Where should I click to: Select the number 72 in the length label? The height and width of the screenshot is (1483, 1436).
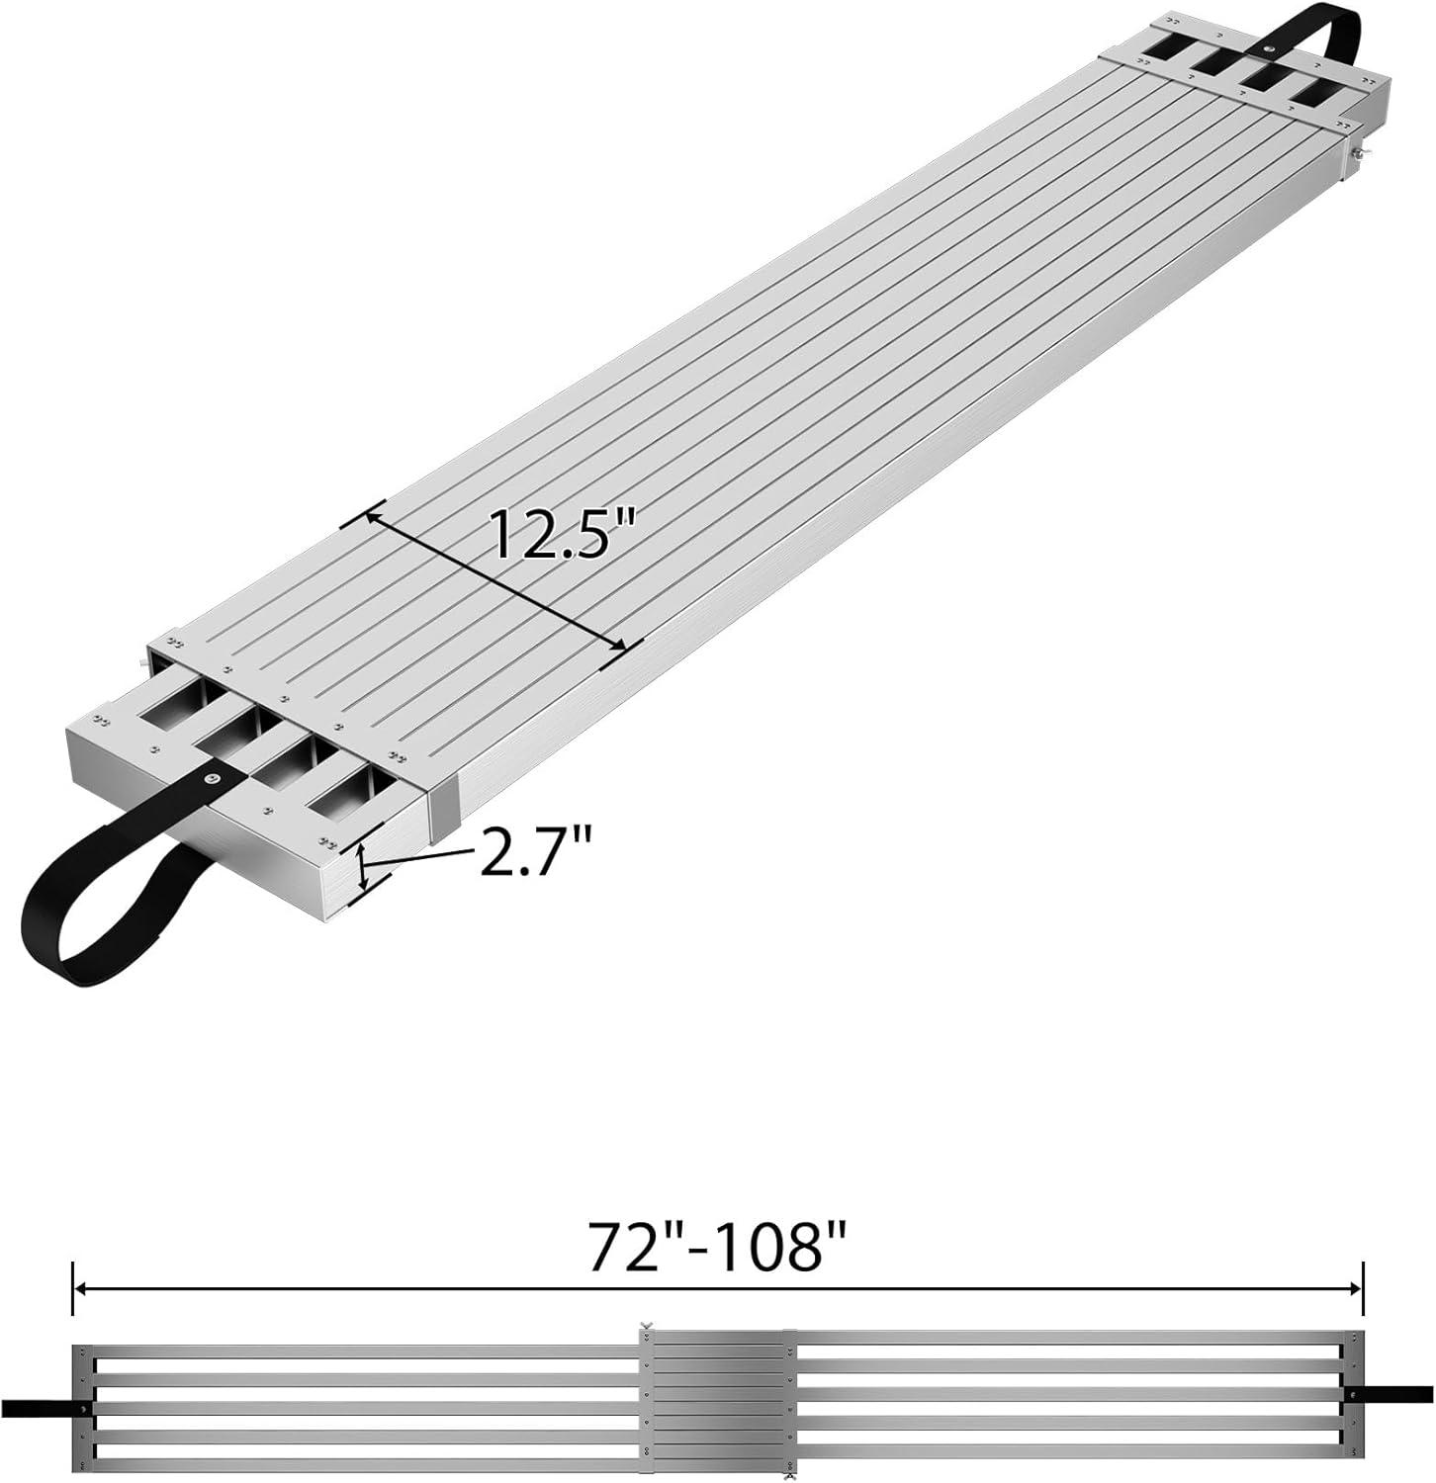(x=624, y=1248)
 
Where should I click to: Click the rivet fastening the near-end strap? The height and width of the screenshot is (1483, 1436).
(x=211, y=778)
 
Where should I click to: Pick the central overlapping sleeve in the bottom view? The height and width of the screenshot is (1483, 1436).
(x=717, y=1403)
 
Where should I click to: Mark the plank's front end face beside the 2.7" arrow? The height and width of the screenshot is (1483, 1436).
(x=247, y=870)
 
